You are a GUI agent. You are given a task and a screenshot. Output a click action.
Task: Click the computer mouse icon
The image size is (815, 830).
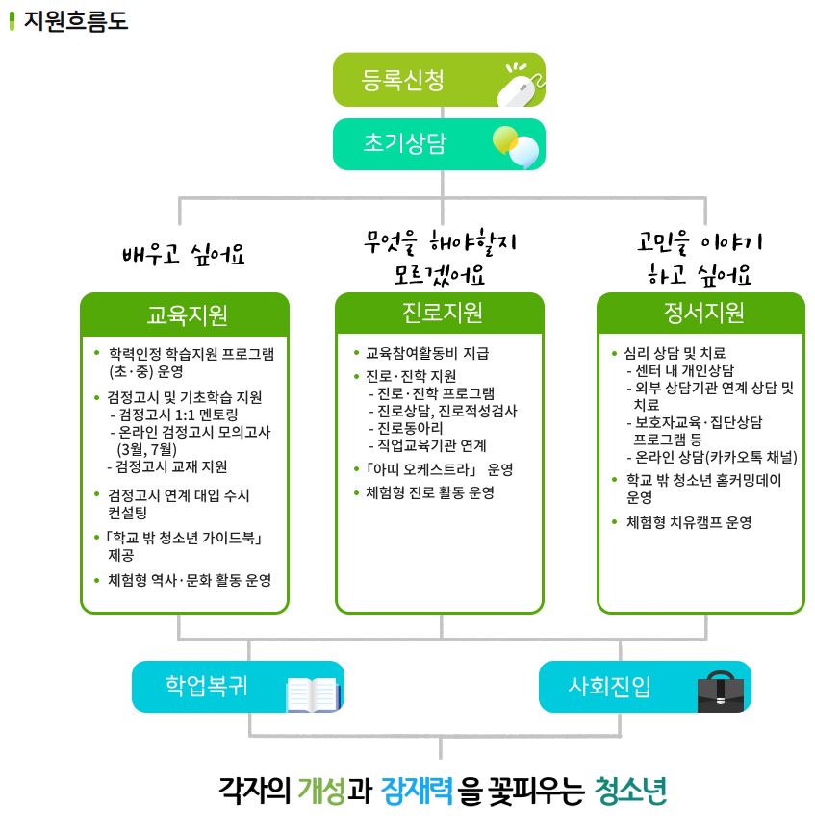[519, 86]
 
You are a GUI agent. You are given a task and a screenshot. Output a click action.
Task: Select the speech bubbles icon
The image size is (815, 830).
[516, 146]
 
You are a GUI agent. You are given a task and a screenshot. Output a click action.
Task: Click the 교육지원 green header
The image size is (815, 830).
[186, 314]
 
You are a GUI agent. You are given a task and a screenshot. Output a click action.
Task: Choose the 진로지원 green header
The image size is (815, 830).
[440, 314]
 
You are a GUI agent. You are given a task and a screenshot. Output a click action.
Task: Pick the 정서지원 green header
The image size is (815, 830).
[701, 314]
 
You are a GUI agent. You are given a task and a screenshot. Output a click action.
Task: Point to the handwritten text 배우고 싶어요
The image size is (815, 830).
[184, 255]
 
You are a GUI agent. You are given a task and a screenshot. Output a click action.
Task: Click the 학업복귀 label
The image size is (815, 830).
[206, 686]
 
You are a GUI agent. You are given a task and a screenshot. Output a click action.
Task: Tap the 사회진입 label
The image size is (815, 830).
[609, 686]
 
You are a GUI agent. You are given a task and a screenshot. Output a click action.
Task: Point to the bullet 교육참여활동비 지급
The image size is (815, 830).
[427, 353]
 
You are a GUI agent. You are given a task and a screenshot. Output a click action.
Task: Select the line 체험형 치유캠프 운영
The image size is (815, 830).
[689, 522]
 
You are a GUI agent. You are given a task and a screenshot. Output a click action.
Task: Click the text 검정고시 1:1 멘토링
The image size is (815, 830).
[179, 415]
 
